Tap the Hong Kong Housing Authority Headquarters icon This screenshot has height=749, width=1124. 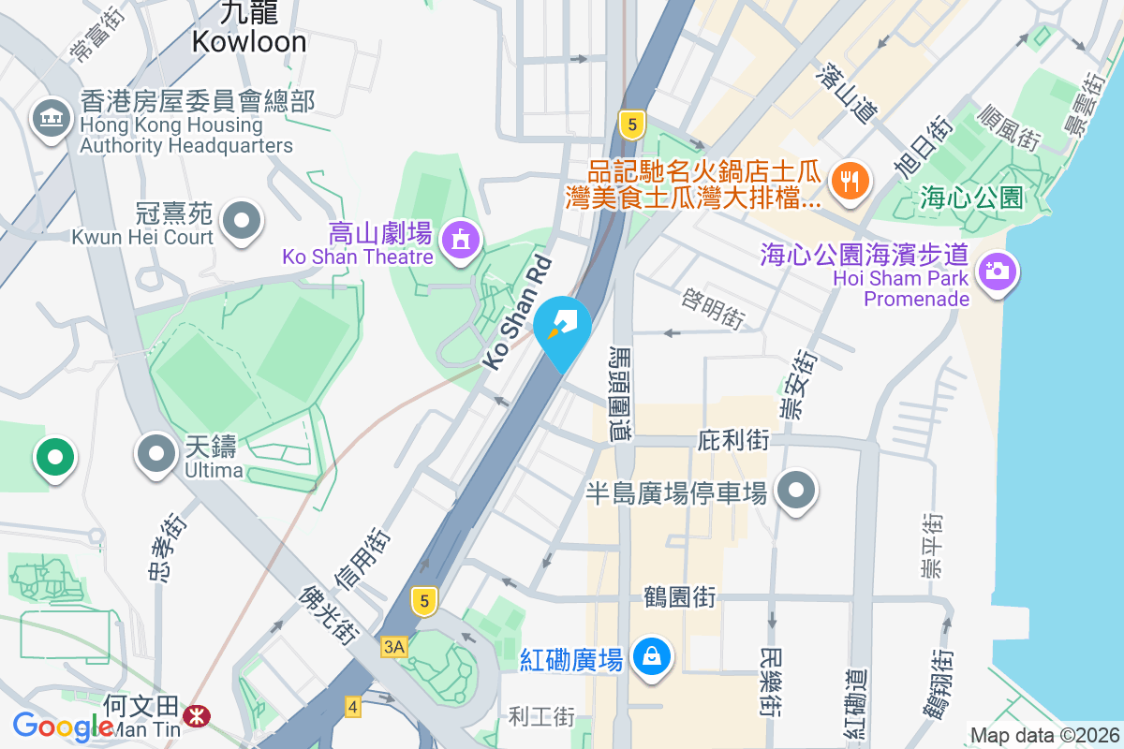click(x=52, y=119)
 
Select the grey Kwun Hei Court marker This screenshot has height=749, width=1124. click(x=244, y=222)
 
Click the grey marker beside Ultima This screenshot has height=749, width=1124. click(x=156, y=455)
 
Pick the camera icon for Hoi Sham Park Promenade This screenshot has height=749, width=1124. click(x=998, y=272)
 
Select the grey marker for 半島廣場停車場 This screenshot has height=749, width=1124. click(x=797, y=490)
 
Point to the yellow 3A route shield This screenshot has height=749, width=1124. click(x=394, y=647)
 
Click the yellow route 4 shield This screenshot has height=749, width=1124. click(x=353, y=706)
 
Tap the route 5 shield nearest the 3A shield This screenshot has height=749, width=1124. click(x=424, y=602)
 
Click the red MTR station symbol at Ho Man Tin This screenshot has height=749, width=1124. click(x=197, y=716)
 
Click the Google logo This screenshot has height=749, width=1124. click(x=64, y=727)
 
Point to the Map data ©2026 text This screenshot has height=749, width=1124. click(x=1043, y=735)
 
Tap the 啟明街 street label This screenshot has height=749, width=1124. click(x=713, y=308)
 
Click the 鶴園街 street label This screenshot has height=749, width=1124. click(x=679, y=596)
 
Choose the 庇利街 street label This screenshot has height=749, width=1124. click(x=733, y=439)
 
